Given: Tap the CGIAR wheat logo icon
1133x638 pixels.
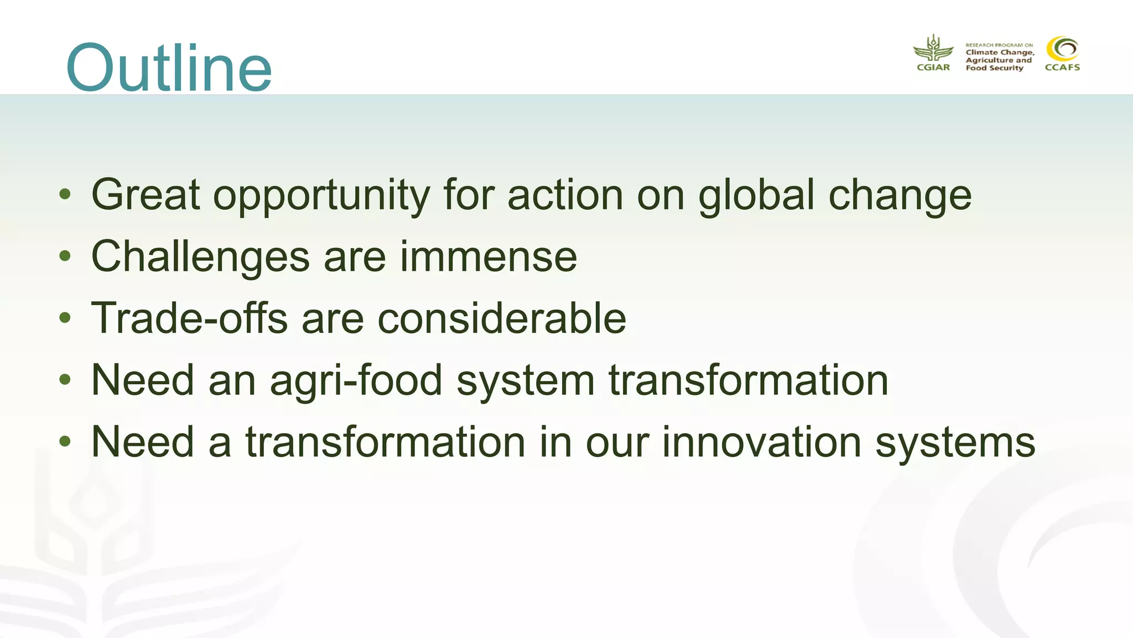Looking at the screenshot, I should tap(933, 49).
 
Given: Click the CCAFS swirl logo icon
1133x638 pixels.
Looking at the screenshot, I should tap(1062, 49).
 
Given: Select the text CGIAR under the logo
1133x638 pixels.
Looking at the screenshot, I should tap(933, 68).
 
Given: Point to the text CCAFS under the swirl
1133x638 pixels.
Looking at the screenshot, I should tap(1062, 68).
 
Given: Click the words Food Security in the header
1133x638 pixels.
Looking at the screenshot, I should tap(994, 68).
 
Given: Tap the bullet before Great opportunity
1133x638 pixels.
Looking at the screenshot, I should tap(65, 194).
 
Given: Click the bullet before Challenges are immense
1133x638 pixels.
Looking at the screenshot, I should tap(65, 256).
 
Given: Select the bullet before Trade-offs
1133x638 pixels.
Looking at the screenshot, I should tap(65, 318).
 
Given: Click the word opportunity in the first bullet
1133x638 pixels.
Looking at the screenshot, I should tap(321, 195).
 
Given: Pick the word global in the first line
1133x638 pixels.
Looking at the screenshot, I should tap(756, 195).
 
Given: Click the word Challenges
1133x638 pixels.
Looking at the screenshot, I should tap(200, 257).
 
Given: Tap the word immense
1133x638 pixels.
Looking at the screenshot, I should tap(488, 257).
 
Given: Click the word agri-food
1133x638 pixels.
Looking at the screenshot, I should tap(356, 381).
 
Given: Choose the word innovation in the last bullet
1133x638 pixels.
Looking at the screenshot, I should tap(762, 442).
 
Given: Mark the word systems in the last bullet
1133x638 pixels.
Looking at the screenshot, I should tap(955, 443).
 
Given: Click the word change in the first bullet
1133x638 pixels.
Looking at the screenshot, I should tap(900, 195).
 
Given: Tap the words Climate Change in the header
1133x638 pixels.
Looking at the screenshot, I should tap(1000, 53).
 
